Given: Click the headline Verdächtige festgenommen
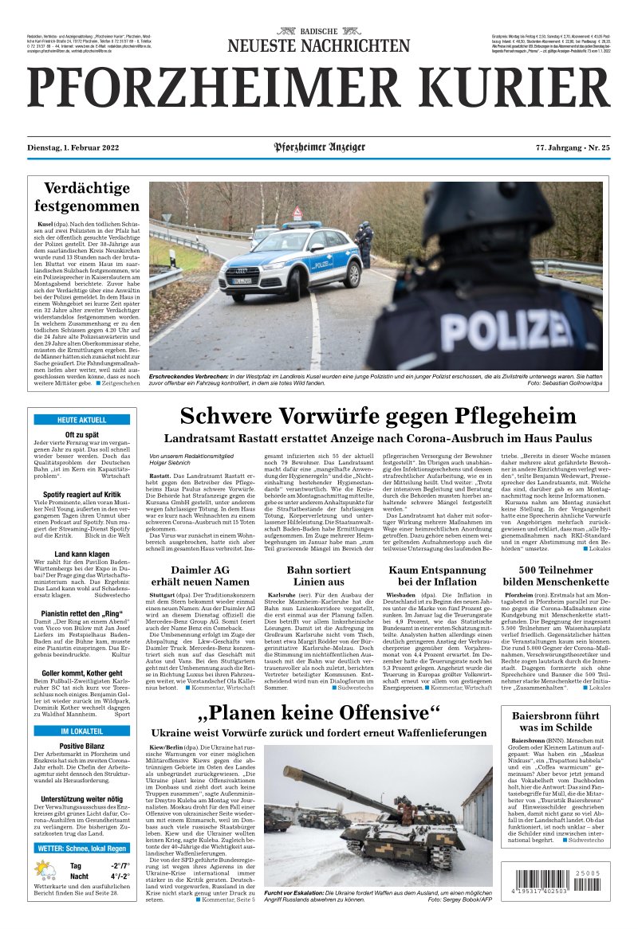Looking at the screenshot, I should tap(86, 198).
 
